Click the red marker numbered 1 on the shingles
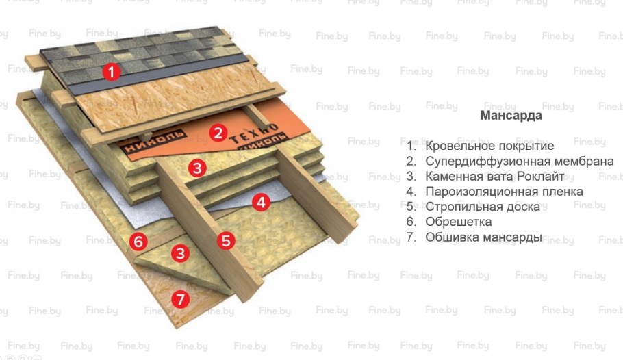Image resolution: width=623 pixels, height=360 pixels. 112,70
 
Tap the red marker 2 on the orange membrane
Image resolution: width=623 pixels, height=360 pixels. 218,132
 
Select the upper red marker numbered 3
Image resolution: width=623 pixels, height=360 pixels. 197,167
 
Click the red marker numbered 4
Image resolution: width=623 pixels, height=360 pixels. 259,201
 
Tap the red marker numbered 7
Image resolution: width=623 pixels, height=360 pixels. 179,298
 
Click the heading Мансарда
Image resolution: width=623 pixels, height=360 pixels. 511,116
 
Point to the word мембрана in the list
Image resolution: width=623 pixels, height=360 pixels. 584,162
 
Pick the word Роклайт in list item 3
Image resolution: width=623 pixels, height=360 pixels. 541,177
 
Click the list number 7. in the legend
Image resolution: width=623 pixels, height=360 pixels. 411,237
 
